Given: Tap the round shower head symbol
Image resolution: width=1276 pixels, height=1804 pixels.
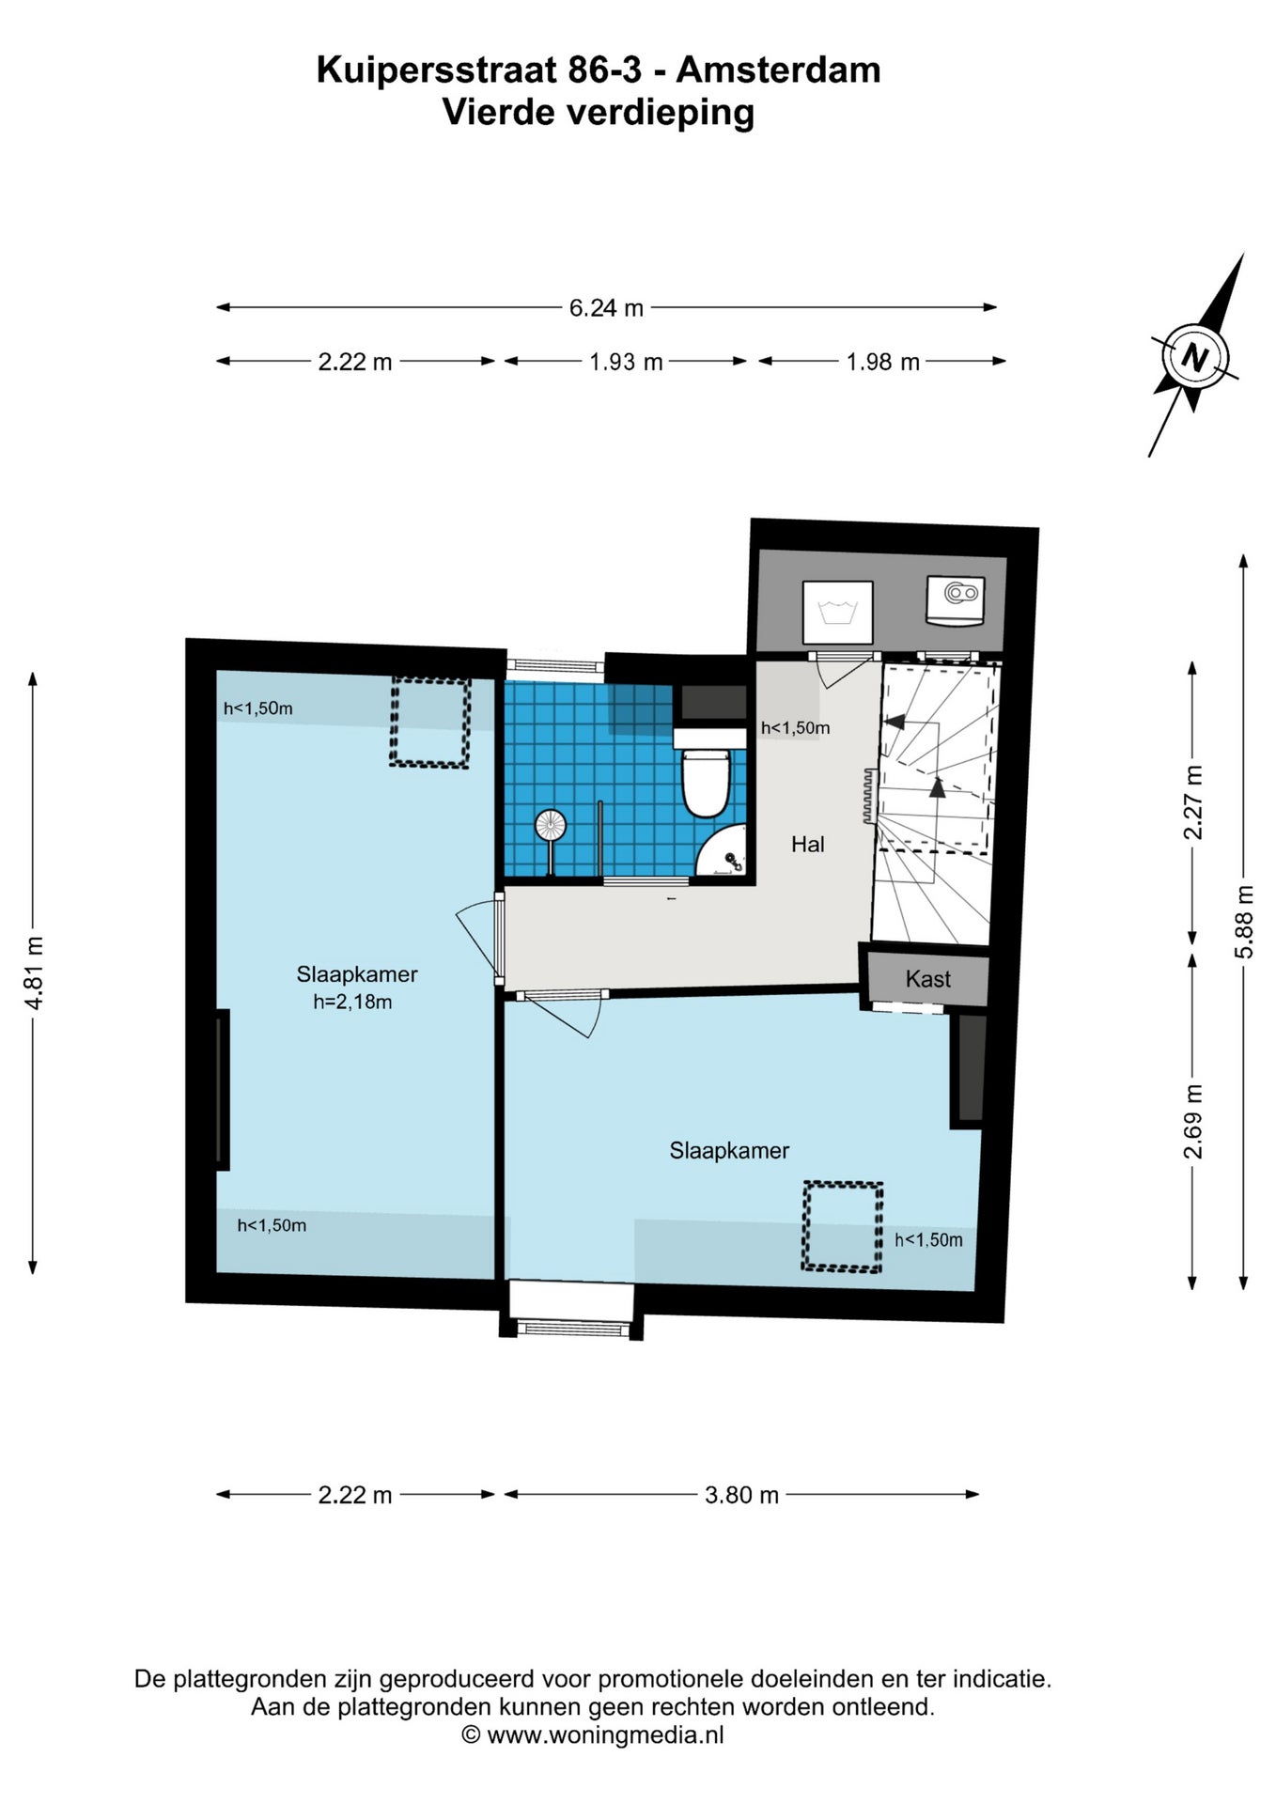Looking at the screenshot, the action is point(551,826).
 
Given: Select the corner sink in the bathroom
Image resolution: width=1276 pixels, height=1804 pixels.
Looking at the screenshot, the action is point(724,853).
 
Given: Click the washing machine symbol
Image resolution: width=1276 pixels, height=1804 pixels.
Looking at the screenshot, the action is point(837,612).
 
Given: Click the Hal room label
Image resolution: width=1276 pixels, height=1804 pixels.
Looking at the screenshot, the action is point(807,845).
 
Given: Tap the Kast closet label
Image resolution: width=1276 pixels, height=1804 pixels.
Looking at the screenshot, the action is point(928,979).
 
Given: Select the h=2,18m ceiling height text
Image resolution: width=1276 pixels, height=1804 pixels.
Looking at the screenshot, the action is point(353,1002).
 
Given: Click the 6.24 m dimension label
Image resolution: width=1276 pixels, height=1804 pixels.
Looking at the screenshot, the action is point(606,307).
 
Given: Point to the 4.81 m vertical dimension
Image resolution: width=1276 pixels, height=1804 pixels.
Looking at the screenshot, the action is point(34,972).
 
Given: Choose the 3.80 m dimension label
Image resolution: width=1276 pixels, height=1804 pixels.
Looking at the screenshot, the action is point(741,1495).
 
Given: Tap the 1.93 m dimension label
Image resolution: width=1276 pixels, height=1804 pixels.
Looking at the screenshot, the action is point(626,362).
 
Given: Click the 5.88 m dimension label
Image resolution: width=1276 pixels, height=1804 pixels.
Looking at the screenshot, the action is point(1245,922).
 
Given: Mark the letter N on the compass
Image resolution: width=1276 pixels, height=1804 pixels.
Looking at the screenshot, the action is point(1194,358).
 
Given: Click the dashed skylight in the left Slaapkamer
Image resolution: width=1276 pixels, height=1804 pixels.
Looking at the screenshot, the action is point(429,723).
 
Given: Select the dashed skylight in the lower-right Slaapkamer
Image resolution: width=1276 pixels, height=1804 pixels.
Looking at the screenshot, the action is point(842,1227).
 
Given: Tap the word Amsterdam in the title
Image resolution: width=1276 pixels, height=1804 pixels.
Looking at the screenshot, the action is point(779,70).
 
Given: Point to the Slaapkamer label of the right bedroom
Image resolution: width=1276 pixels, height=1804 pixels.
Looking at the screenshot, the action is point(729,1150).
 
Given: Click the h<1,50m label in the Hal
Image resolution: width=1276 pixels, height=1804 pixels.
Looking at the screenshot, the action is point(795,727).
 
